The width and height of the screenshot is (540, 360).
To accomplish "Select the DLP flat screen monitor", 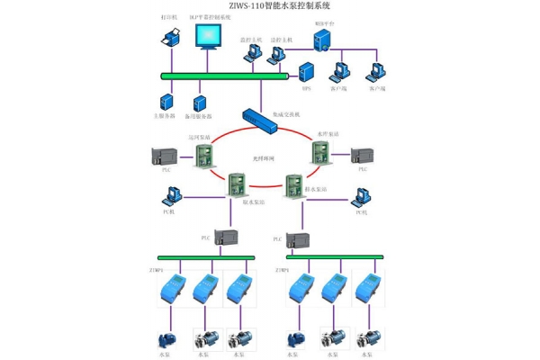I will [208, 41].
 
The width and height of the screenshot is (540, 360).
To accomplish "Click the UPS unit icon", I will [306, 70].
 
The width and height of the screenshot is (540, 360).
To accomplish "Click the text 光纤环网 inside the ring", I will [263, 158].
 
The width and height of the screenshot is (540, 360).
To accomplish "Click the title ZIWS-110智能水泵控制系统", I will [269, 6].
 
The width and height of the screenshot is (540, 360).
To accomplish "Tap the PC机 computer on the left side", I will [172, 196].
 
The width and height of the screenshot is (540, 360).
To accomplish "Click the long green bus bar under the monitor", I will [225, 75].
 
